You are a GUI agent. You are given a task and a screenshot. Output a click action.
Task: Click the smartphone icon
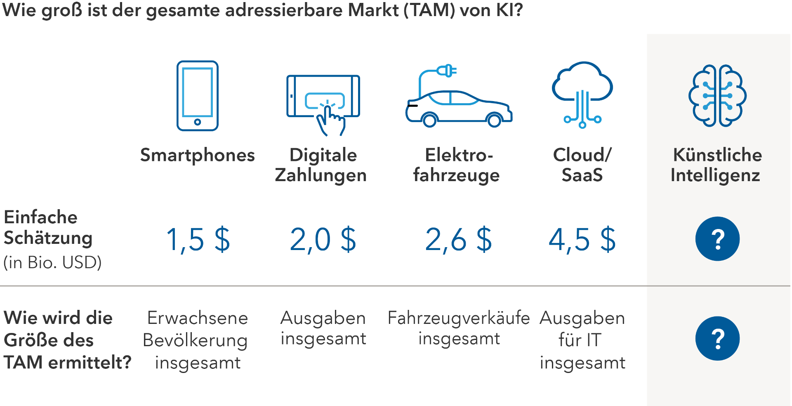pyautogui.click(x=198, y=96)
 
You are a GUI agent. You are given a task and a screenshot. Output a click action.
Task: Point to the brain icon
pyautogui.click(x=717, y=95)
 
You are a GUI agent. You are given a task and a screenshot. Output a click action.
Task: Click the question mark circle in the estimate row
pyautogui.click(x=717, y=238)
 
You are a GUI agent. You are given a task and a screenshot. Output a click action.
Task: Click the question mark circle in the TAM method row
pyautogui.click(x=717, y=338)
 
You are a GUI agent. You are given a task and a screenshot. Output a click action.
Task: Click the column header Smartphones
pyautogui.click(x=198, y=155)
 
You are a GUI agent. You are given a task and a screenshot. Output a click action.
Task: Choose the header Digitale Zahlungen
pyautogui.click(x=321, y=165)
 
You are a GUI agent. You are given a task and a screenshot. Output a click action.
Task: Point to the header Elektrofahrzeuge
pyautogui.click(x=457, y=165)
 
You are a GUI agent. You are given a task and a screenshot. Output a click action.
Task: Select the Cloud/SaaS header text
pyautogui.click(x=582, y=165)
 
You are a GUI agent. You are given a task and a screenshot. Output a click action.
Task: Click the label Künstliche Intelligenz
pyautogui.click(x=716, y=165)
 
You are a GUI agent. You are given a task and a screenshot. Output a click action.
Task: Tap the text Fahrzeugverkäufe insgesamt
pyautogui.click(x=459, y=328)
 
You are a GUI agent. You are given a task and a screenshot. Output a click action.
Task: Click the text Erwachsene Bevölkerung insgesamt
pyautogui.click(x=196, y=340)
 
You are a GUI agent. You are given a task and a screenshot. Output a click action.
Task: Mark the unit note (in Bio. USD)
pyautogui.click(x=52, y=262)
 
